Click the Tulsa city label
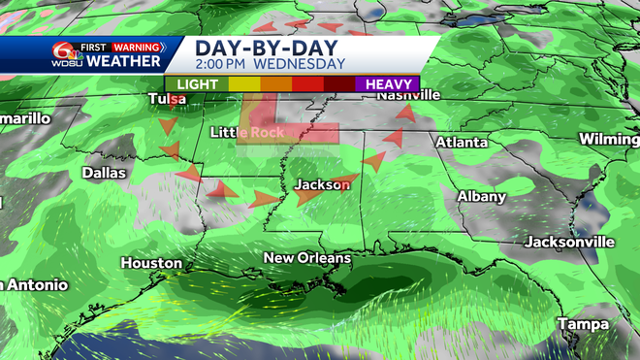point(168,99)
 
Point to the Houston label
point(151,263)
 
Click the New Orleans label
point(305,258)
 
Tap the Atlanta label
point(461,142)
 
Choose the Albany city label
point(482,196)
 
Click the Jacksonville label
point(569,241)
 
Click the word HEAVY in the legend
point(387,84)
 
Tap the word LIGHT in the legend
point(198,84)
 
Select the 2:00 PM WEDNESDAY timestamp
point(270,64)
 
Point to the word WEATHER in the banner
point(123,61)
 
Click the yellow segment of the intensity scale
point(245,84)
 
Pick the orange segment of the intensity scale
point(276,84)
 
